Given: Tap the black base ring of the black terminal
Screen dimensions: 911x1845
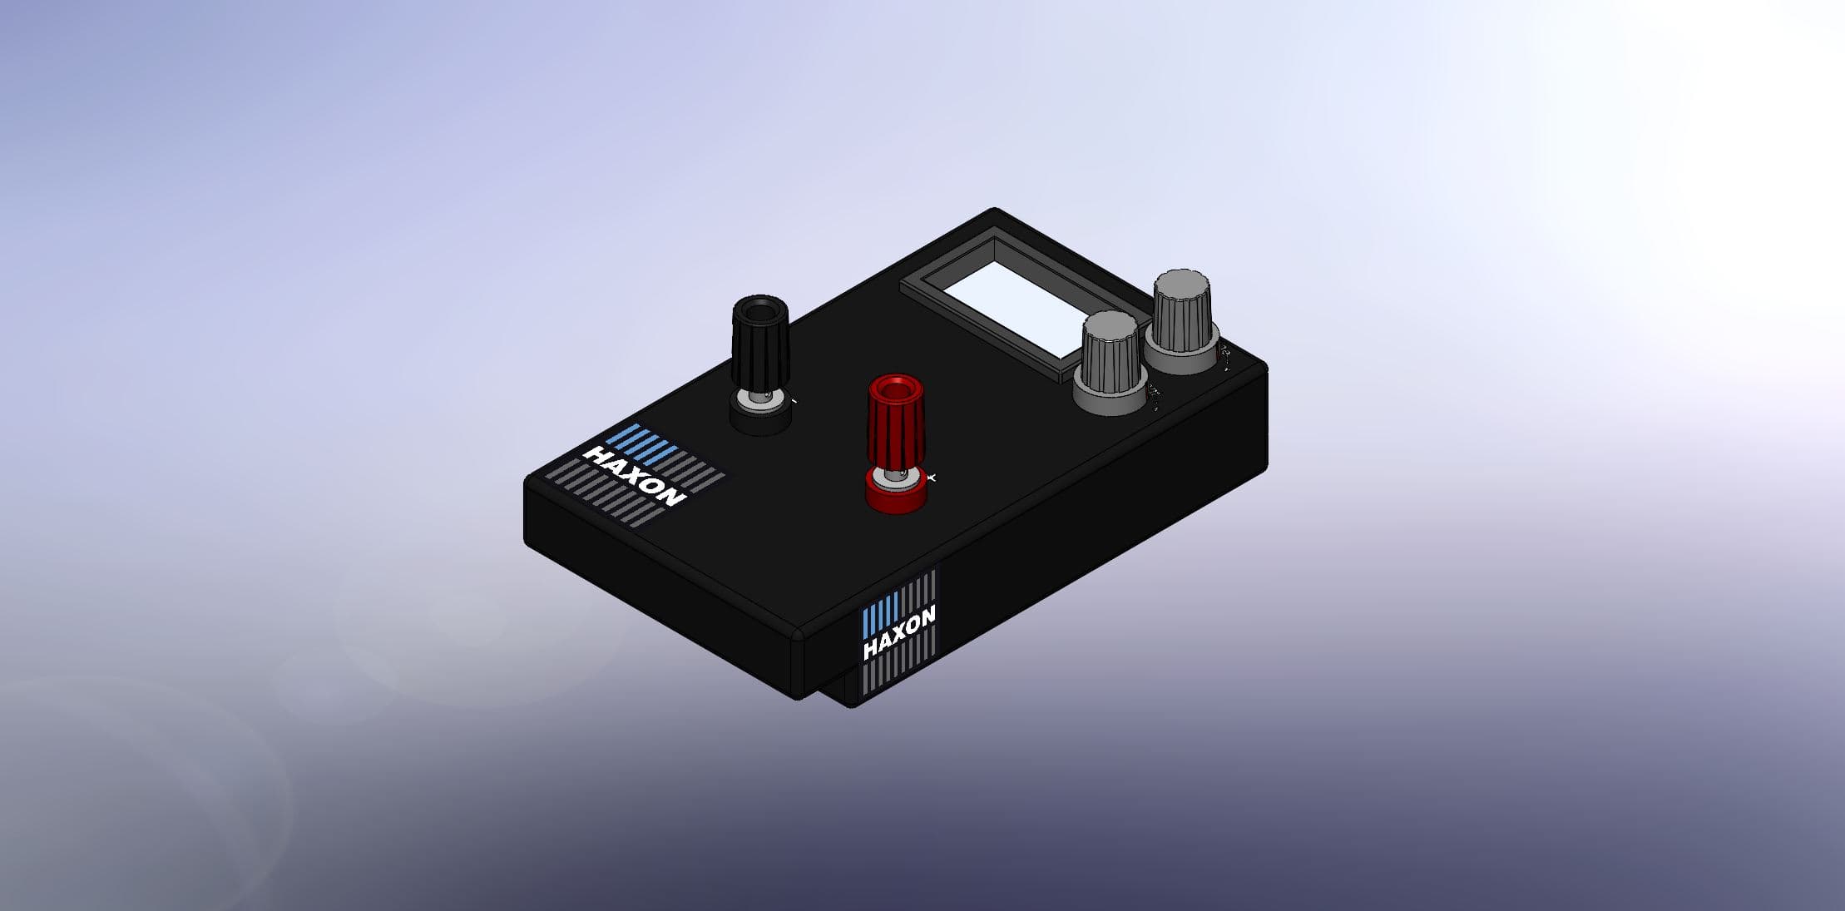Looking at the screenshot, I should (760, 418).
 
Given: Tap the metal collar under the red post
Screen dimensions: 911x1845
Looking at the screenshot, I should (895, 474).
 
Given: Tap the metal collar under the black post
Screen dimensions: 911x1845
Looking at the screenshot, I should (759, 397).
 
